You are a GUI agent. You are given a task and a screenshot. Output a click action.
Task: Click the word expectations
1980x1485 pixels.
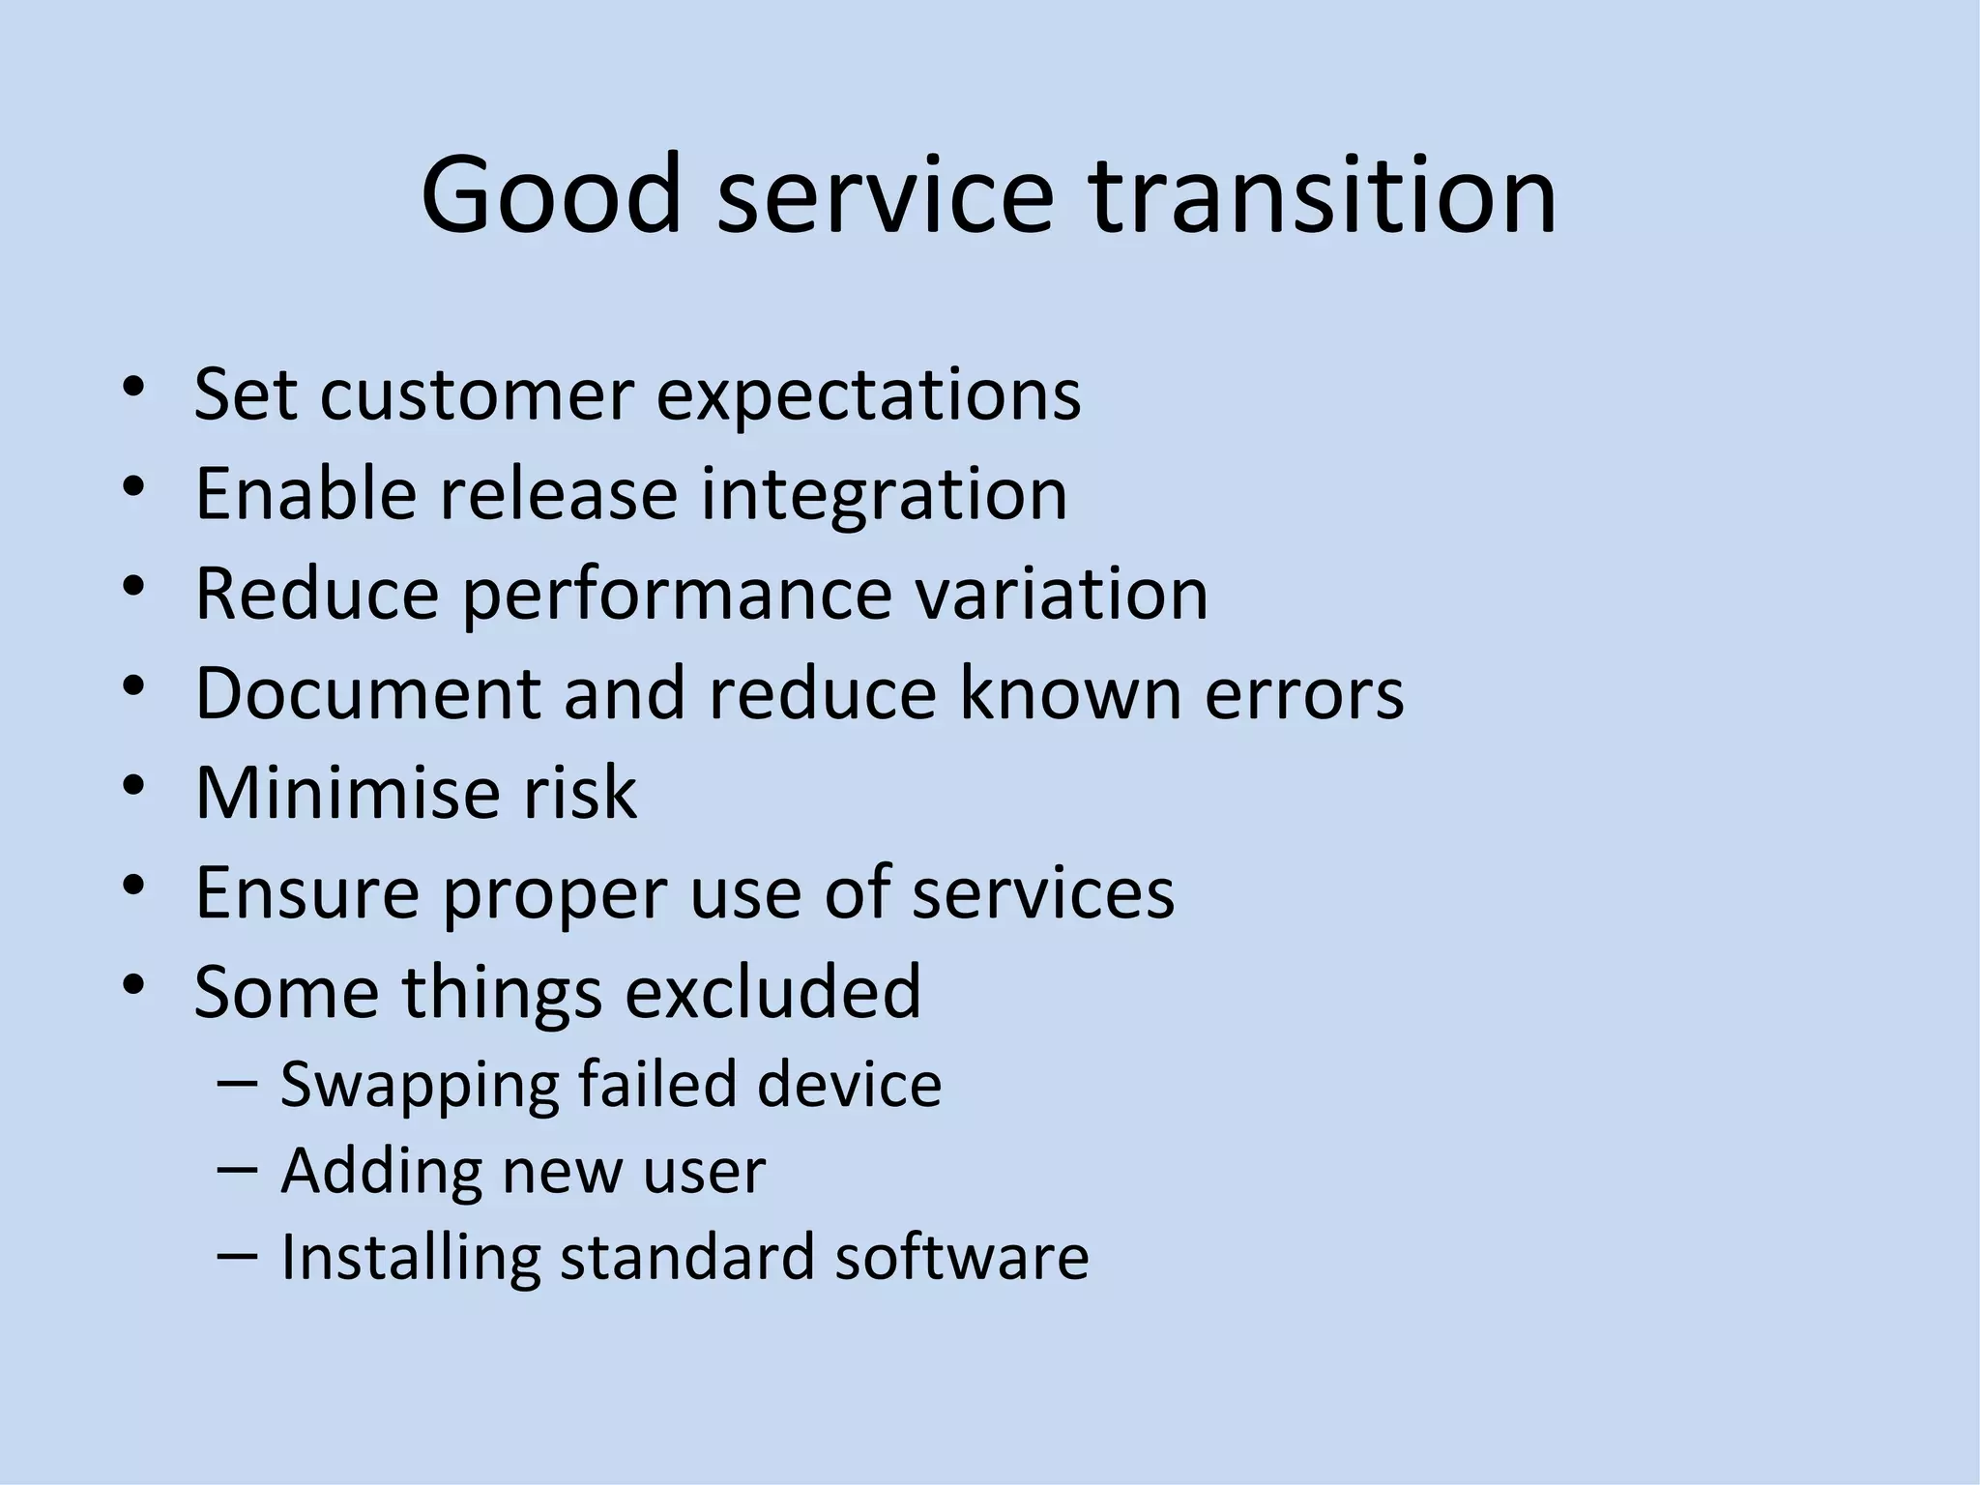868,396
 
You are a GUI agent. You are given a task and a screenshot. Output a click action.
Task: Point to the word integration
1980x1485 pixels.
884,495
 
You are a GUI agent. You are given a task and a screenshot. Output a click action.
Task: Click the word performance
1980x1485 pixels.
676,595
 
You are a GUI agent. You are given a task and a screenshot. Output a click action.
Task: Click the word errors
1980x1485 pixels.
1303,694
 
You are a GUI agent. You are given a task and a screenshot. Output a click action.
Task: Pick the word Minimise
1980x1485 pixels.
346,793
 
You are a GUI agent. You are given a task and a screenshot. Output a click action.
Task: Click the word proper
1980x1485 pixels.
555,894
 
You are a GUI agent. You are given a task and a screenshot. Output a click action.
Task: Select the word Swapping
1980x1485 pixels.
419,1085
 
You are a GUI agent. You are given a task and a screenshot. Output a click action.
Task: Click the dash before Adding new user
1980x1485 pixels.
238,1169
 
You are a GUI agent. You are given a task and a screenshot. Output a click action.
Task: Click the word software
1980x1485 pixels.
961,1256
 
